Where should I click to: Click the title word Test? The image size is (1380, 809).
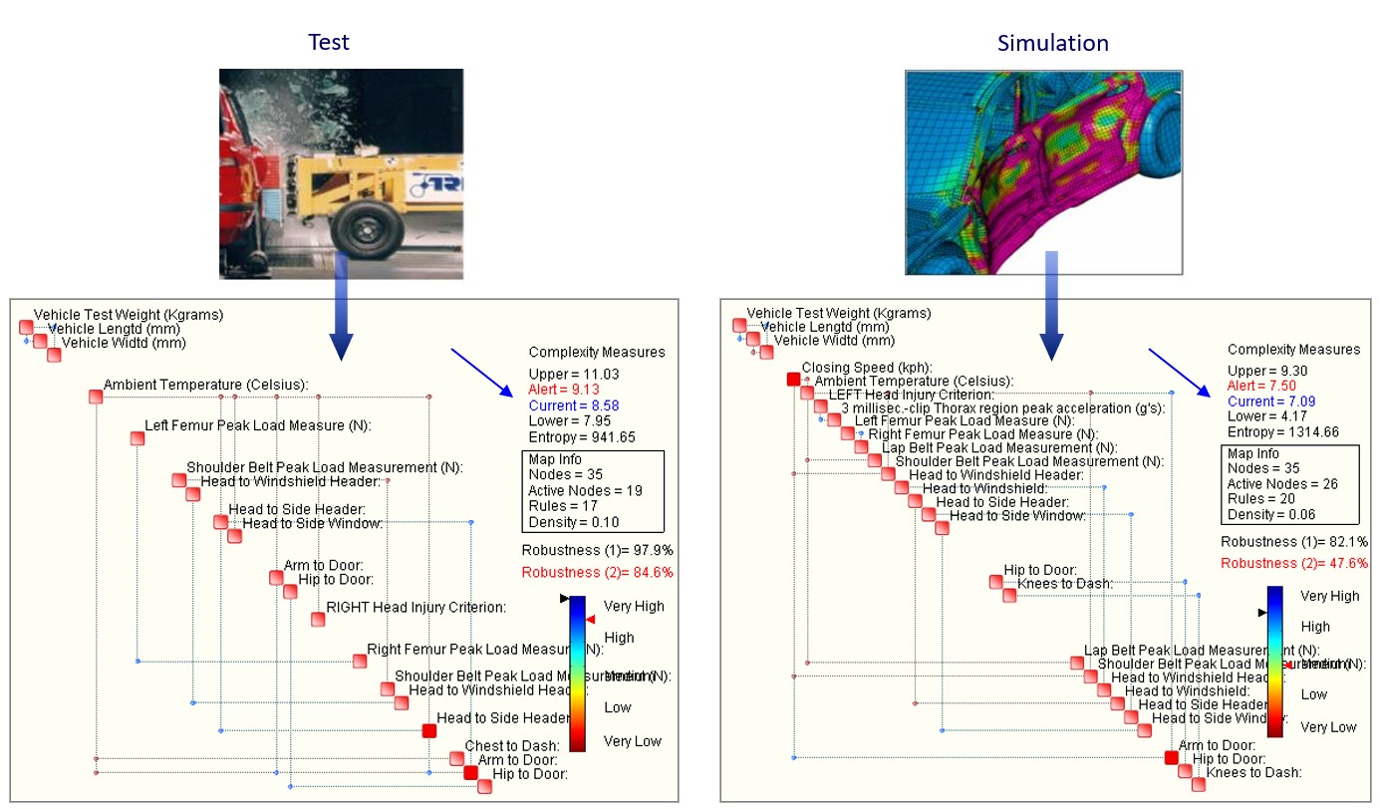tap(328, 42)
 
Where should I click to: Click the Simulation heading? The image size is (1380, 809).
tap(1052, 43)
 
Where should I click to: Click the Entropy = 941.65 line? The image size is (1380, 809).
tap(581, 437)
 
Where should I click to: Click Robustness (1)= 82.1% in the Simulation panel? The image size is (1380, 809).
tap(1294, 542)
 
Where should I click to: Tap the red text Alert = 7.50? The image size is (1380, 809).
tap(1261, 386)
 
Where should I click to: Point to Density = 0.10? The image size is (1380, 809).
tap(573, 522)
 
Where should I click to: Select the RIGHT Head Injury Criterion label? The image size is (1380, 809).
tap(415, 607)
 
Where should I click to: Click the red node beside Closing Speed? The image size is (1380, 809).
tap(793, 380)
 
